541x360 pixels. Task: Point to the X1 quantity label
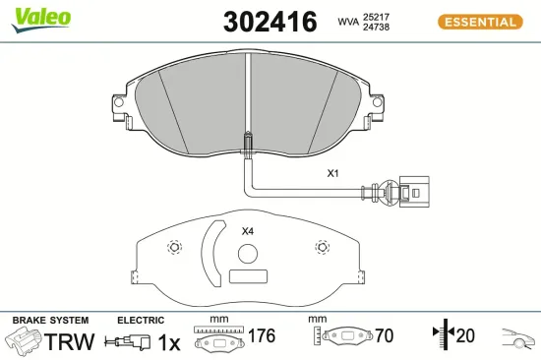click(x=332, y=173)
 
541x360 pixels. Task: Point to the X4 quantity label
click(x=248, y=231)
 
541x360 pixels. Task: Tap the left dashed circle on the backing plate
click(x=174, y=247)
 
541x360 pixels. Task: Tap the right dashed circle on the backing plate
click(x=319, y=247)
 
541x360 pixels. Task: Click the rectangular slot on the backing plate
click(x=246, y=276)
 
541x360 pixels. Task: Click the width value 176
click(x=260, y=336)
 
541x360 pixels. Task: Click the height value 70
click(x=383, y=336)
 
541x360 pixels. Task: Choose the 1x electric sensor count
click(x=169, y=341)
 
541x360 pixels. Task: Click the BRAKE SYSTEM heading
click(x=49, y=320)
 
